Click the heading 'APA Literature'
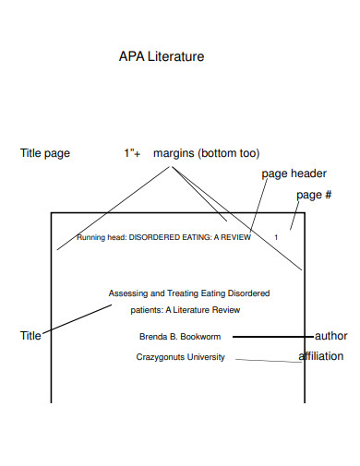[x=162, y=57]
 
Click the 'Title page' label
[x=45, y=153]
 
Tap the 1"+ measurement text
[x=133, y=153]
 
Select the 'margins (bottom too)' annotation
[x=207, y=153]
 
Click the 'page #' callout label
[x=314, y=196]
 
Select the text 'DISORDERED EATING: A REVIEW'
[x=189, y=237]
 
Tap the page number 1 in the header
[x=275, y=237]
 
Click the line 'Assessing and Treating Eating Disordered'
[x=189, y=293]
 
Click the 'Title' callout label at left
[x=30, y=337]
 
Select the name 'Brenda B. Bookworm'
[x=180, y=337]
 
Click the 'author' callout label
[x=330, y=336]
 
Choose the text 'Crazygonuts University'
[x=180, y=357]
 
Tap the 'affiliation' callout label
[x=320, y=356]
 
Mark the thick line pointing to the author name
[x=273, y=337]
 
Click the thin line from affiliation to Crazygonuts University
[x=268, y=360]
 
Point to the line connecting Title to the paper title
[x=78, y=319]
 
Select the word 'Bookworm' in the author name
[x=200, y=337]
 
